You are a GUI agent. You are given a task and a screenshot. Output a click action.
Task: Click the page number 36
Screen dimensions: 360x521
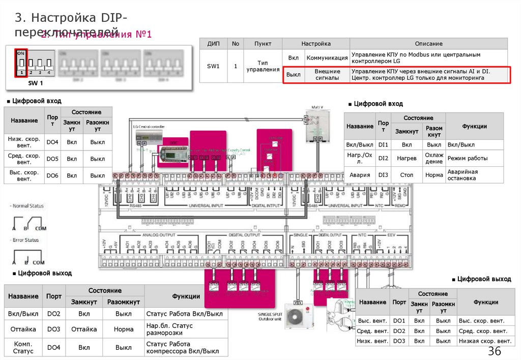pyautogui.click(x=495, y=351)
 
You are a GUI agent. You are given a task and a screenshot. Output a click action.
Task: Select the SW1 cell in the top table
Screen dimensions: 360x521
pyautogui.click(x=213, y=66)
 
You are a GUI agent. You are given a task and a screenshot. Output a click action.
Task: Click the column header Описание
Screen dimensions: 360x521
pyautogui.click(x=428, y=44)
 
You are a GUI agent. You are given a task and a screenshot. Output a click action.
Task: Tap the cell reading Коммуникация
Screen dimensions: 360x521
pyautogui.click(x=327, y=58)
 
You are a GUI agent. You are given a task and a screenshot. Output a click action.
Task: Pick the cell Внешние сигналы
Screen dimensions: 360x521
pyautogui.click(x=327, y=75)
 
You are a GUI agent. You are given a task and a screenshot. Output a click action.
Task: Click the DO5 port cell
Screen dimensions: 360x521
pyautogui.click(x=52, y=159)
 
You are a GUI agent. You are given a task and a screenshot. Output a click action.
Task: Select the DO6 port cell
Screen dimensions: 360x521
pyautogui.click(x=52, y=175)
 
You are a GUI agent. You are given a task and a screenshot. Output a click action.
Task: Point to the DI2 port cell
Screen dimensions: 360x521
pyautogui.click(x=383, y=158)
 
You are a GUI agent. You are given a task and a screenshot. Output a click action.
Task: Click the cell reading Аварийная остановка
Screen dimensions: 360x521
pyautogui.click(x=474, y=175)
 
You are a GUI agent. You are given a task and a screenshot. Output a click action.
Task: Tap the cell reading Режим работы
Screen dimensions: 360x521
pyautogui.click(x=474, y=158)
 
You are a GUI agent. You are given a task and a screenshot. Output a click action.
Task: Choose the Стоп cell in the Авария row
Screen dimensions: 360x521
pyautogui.click(x=407, y=175)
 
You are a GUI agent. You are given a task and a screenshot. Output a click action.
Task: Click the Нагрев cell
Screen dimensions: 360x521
pyautogui.click(x=407, y=158)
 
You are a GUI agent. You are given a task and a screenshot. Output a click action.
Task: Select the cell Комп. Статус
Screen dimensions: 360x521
pyautogui.click(x=23, y=347)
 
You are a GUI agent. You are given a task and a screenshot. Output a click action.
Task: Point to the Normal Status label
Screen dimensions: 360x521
pyautogui.click(x=28, y=206)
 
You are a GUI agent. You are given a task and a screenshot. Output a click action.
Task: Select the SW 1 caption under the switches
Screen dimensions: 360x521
pyautogui.click(x=36, y=83)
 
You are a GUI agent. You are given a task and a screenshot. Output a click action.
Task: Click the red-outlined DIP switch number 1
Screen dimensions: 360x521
pyautogui.click(x=21, y=63)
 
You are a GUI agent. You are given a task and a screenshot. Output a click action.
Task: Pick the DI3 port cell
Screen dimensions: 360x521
pyautogui.click(x=383, y=175)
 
